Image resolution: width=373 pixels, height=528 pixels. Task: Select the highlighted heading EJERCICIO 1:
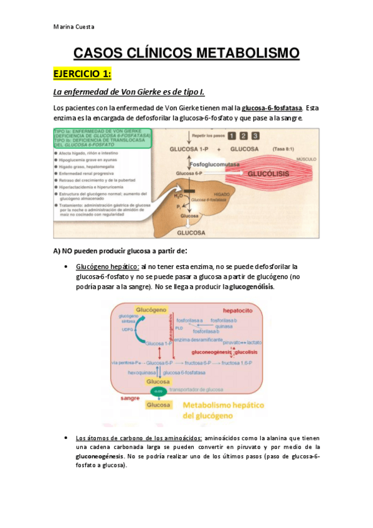(82, 74)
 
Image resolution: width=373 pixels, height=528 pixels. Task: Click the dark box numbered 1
(232, 136)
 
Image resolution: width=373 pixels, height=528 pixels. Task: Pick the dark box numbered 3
(255, 136)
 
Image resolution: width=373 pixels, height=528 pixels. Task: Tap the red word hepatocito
(240, 309)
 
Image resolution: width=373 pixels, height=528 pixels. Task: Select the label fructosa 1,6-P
(239, 362)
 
